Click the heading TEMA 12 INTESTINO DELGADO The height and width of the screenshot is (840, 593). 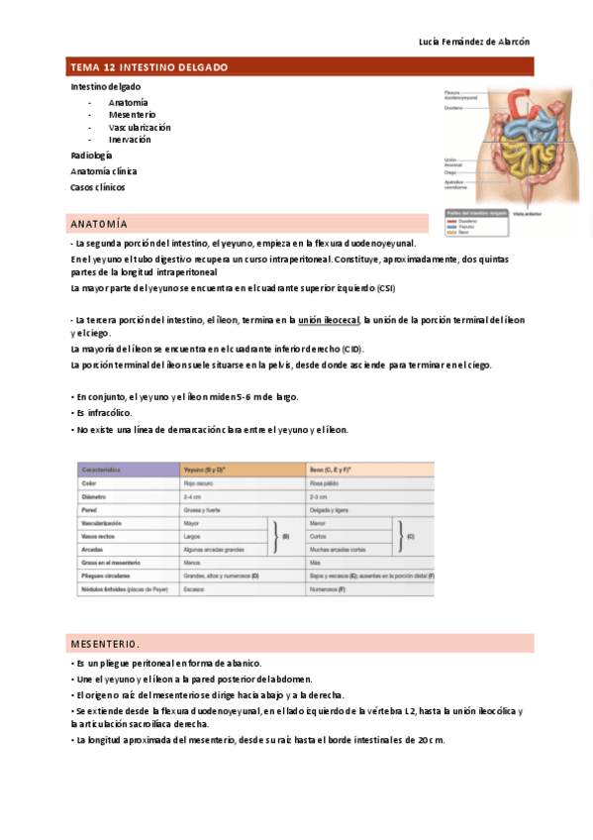point(148,67)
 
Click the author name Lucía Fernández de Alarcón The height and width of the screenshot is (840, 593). point(474,42)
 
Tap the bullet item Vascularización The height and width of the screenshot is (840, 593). point(140,127)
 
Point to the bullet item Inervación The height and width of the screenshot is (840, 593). point(130,140)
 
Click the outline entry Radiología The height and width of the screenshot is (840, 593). point(91,156)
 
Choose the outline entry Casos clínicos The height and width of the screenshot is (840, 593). point(97,186)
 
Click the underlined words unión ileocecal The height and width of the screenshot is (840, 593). point(330,320)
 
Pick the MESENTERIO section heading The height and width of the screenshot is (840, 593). point(104,643)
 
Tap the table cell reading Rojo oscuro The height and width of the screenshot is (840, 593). point(200,482)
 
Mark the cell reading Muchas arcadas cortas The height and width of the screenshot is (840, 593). point(339,549)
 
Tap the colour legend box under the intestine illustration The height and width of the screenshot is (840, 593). point(476,223)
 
